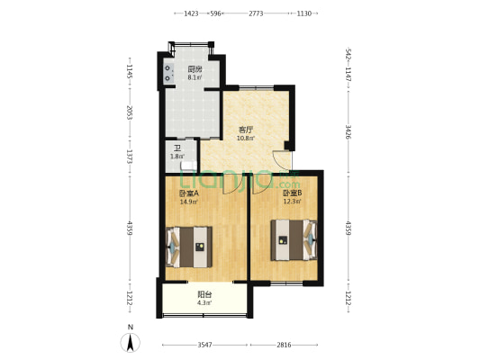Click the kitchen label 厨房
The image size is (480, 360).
195,69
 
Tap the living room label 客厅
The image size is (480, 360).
246,130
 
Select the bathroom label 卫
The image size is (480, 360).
177,149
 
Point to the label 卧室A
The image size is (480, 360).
189,193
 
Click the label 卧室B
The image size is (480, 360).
292,193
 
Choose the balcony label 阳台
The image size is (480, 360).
204,295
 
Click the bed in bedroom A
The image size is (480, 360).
189,247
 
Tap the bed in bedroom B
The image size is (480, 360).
294,240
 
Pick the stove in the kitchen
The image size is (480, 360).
168,74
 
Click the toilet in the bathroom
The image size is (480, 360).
188,166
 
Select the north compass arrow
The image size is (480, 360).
131,343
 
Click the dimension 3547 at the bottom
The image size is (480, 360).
204,345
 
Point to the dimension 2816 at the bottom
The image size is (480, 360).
284,345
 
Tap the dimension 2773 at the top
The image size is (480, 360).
256,13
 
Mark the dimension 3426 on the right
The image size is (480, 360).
348,131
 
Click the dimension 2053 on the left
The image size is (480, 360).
130,112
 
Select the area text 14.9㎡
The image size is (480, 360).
189,202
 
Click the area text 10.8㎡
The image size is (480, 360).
246,138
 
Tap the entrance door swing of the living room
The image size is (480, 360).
280,160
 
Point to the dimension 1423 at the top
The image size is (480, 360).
191,13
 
